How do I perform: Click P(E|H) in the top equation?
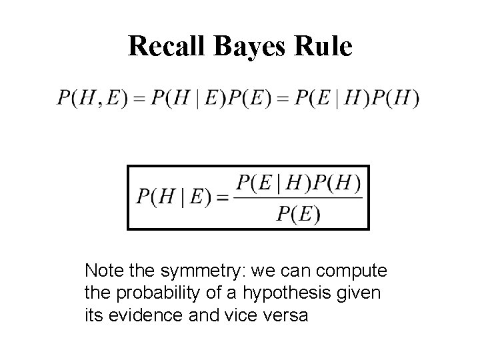[331, 99]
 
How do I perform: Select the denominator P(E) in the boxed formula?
[298, 214]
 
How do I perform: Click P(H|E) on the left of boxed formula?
[175, 197]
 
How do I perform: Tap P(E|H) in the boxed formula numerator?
[274, 181]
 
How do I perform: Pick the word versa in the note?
[287, 315]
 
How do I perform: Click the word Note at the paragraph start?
[101, 272]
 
